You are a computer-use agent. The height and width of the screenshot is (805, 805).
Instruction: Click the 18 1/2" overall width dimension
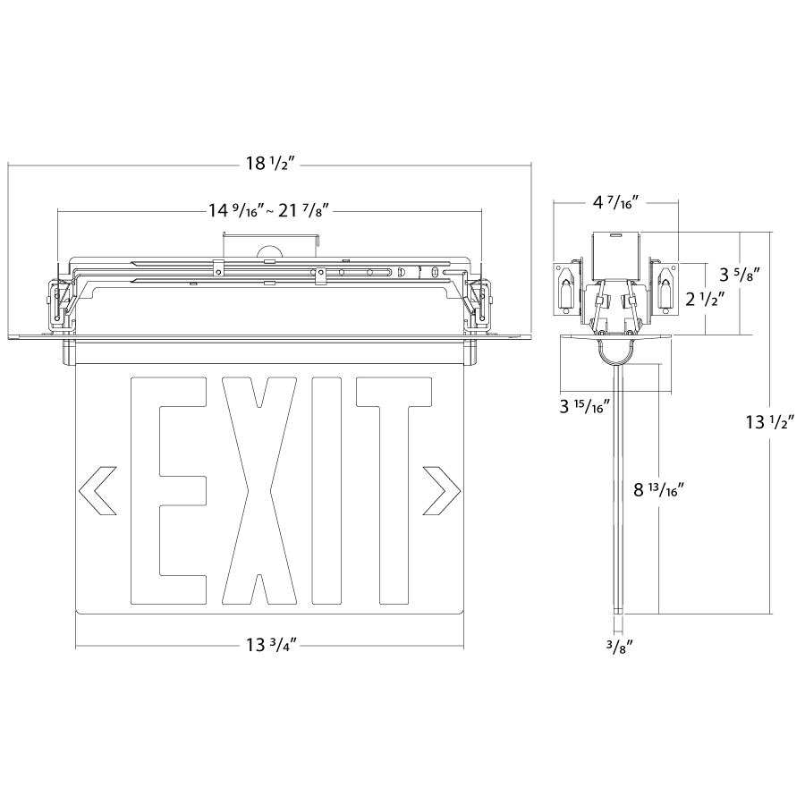tap(269, 164)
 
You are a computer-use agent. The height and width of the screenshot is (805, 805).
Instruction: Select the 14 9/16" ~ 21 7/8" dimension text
tap(268, 210)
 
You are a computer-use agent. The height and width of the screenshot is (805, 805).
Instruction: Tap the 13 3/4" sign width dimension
tap(271, 645)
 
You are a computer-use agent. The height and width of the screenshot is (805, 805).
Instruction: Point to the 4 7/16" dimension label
tap(615, 202)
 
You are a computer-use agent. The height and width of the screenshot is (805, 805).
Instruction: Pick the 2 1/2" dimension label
tap(705, 299)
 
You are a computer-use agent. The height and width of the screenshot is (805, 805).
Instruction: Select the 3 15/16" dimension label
tap(584, 406)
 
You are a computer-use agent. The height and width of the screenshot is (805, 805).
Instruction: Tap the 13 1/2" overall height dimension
tap(769, 422)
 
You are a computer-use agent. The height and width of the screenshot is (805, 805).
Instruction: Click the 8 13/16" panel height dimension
tap(658, 490)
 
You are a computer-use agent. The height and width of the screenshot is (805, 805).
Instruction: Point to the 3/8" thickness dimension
tap(618, 647)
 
